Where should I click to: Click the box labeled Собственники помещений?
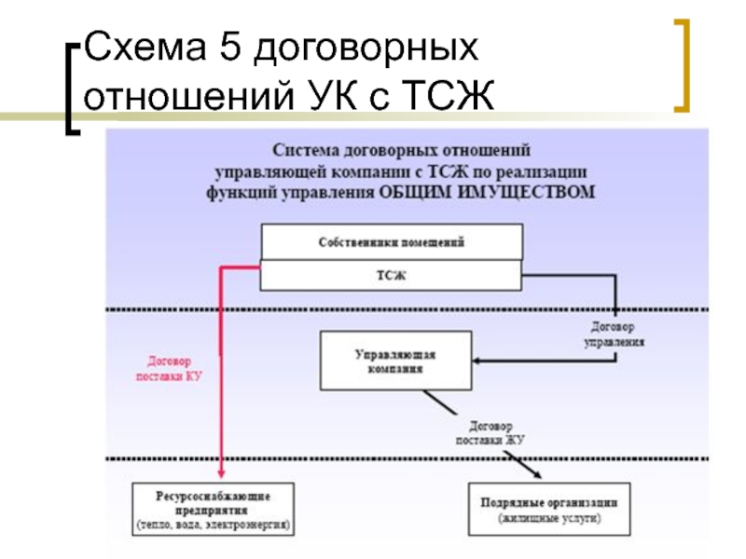392,242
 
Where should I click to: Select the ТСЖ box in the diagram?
391,275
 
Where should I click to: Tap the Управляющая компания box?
395,361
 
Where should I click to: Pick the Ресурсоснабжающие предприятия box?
214,510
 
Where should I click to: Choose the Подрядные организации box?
549,510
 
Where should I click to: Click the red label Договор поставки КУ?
169,369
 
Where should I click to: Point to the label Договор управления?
614,334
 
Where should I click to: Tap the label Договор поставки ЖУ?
490,433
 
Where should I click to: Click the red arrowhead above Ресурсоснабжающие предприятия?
221,474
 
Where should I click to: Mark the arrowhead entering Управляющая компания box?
477,361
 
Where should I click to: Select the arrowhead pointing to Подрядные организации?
537,474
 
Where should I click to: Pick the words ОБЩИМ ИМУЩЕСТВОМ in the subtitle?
487,193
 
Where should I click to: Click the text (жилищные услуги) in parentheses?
549,518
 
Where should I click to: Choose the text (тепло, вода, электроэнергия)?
214,525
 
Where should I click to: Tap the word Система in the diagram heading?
306,150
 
